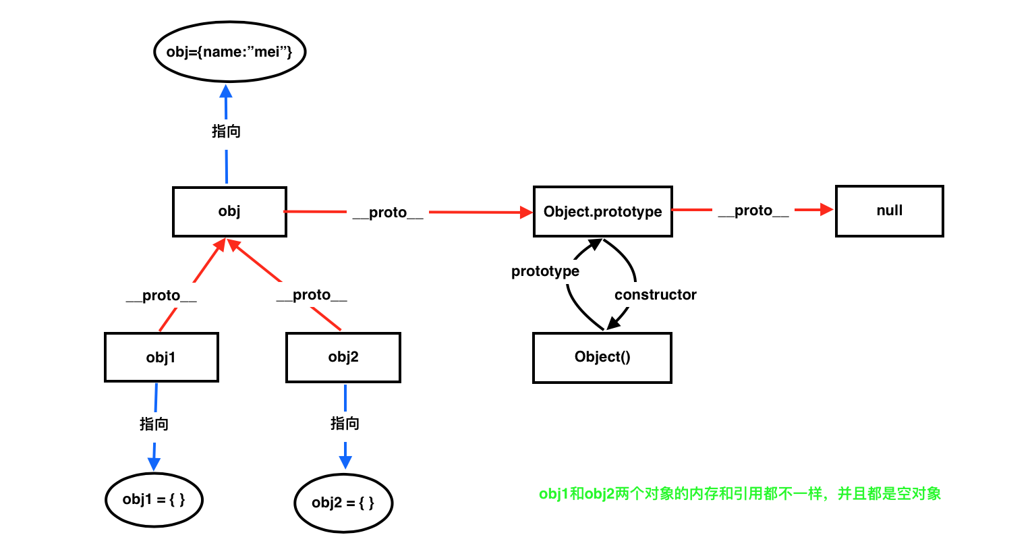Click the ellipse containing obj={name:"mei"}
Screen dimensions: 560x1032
tap(230, 52)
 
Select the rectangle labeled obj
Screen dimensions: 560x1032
tap(229, 211)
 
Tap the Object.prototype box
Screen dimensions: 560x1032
tap(602, 212)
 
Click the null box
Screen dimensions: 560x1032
tap(889, 211)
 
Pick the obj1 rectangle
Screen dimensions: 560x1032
tap(161, 357)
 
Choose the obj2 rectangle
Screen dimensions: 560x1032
tap(343, 357)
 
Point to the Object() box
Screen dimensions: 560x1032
tap(602, 357)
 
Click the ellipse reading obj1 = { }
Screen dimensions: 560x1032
tap(154, 499)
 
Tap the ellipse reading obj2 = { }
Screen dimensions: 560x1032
tap(343, 503)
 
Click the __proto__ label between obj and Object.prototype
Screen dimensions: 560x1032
tap(388, 213)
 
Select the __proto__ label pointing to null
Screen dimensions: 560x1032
tap(753, 211)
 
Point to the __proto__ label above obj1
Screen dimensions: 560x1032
tap(161, 296)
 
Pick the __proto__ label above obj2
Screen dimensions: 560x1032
tap(312, 295)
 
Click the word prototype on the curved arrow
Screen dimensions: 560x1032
tap(545, 271)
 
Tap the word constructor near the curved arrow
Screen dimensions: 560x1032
tap(655, 295)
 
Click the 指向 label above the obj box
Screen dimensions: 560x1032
tap(226, 131)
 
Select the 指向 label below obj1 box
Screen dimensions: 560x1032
tap(154, 424)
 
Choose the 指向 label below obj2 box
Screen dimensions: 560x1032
tap(345, 423)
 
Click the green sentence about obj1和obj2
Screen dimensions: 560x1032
tap(740, 494)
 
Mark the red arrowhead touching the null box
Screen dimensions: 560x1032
tap(826, 210)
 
